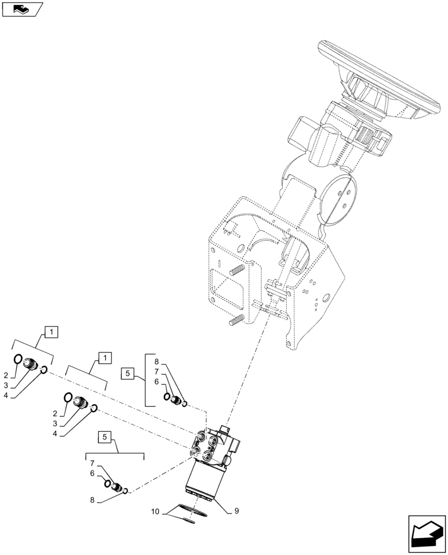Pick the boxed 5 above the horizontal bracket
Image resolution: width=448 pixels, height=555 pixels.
coord(104,437)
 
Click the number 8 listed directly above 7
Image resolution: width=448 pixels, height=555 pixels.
coord(156,361)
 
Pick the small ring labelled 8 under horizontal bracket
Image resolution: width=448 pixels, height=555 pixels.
coord(127,491)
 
